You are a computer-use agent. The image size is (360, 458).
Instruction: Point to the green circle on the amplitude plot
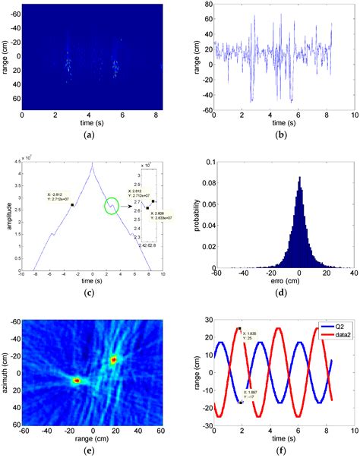pos(112,206)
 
